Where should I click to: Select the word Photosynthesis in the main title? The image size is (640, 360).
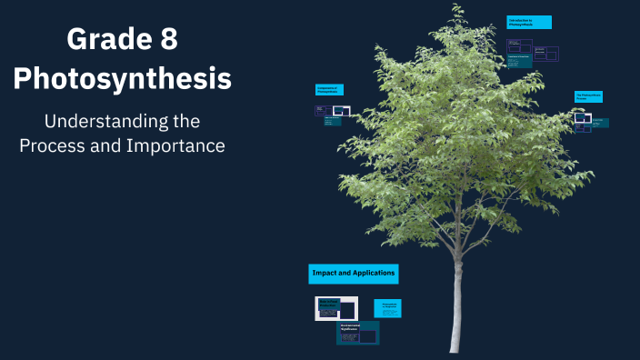click(123, 79)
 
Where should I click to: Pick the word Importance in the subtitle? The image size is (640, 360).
click(175, 145)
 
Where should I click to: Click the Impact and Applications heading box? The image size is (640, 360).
click(354, 273)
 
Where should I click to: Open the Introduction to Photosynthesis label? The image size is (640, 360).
click(529, 22)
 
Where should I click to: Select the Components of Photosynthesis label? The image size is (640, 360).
click(329, 89)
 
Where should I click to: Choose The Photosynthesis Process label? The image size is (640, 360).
click(588, 96)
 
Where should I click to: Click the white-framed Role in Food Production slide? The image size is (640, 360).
click(336, 308)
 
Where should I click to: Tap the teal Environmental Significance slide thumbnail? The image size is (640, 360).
click(357, 334)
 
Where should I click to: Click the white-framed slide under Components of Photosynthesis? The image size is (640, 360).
click(342, 112)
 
